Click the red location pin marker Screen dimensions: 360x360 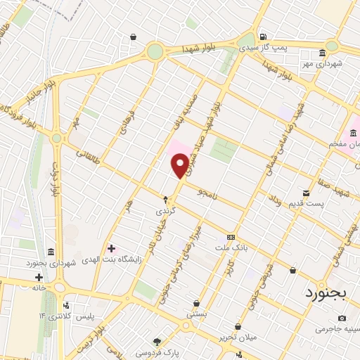(x=180, y=167)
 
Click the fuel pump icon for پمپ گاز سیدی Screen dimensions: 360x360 (x=263, y=37)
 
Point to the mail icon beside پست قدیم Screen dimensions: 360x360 (x=306, y=193)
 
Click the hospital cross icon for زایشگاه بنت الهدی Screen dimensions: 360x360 (x=110, y=248)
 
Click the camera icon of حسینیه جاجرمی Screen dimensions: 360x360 (x=342, y=319)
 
